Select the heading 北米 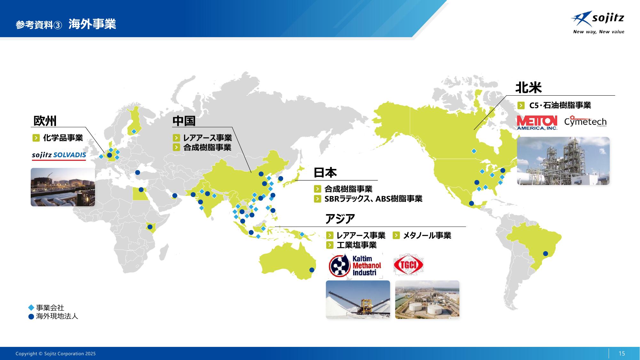pos(528,87)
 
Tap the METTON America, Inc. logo pos(537,123)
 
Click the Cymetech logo pos(585,121)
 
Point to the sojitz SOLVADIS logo pos(59,156)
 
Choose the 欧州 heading pos(45,121)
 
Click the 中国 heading pos(184,121)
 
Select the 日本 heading pos(325,172)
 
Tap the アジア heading pos(340,219)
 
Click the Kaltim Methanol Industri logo pos(355,265)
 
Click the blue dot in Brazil pos(546,254)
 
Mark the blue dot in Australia pos(312,270)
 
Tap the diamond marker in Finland pos(134,132)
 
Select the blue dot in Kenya pos(150,227)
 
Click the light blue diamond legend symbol pos(31,308)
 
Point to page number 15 pos(622,353)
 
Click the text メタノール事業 pos(427,236)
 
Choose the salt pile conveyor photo pos(358,300)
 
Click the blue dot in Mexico pos(471,203)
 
